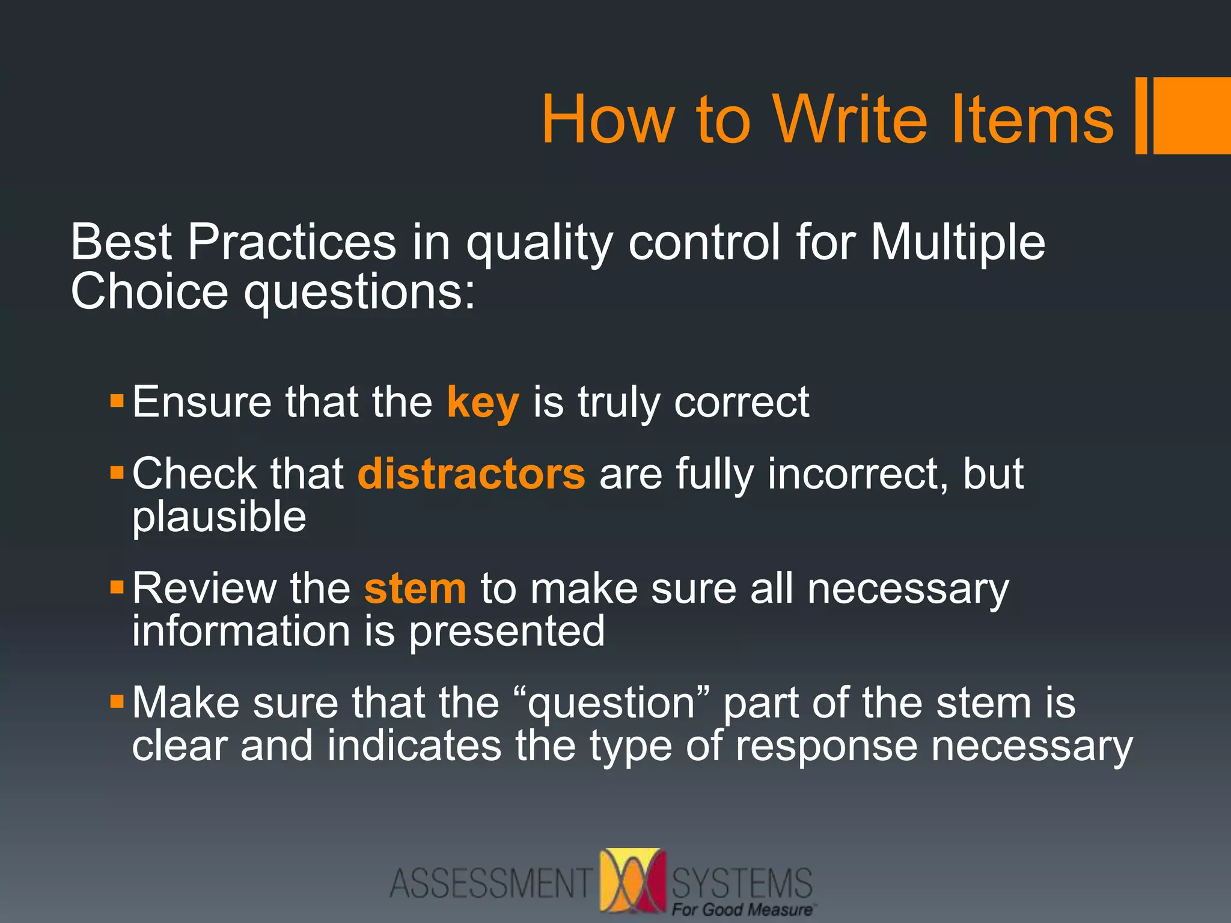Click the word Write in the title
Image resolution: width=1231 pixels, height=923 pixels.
pos(850,120)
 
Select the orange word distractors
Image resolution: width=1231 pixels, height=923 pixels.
pos(471,474)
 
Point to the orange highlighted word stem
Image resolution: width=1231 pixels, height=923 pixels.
pos(415,589)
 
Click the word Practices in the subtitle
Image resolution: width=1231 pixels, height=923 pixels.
pos(292,242)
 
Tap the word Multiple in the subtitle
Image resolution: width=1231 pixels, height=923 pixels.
pos(958,242)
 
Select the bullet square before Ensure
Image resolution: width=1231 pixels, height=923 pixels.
pos(117,400)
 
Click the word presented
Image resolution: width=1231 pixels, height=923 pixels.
pos(507,632)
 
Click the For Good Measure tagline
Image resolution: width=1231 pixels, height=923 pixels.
pos(742,910)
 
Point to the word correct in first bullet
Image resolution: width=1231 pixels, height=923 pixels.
pos(742,403)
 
